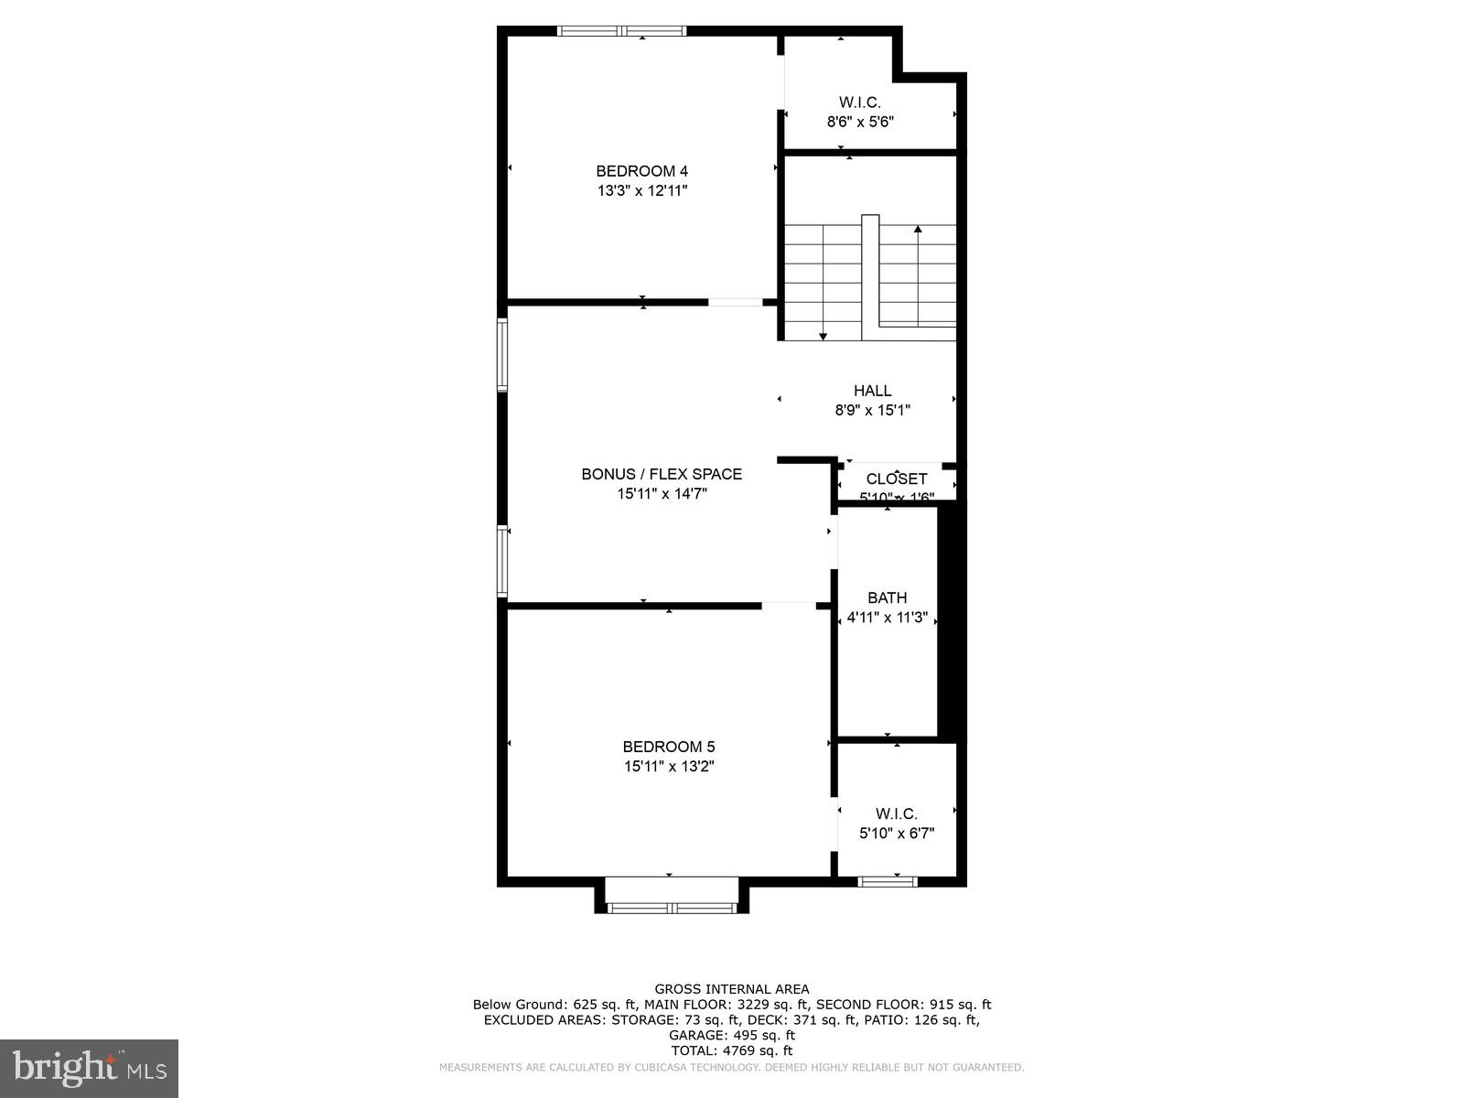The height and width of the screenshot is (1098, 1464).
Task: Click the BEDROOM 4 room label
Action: (641, 171)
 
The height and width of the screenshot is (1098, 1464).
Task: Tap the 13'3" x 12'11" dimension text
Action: (641, 191)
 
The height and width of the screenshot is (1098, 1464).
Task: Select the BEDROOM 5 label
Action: (668, 747)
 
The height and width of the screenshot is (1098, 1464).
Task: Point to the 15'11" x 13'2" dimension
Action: (668, 767)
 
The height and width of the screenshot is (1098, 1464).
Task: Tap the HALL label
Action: (872, 391)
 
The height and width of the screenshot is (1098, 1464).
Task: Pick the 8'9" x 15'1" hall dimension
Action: (872, 411)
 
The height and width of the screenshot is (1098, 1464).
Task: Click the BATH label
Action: (887, 598)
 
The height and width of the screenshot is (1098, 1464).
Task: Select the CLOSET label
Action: (896, 479)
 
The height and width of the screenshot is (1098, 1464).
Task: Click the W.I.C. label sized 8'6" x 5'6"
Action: (859, 102)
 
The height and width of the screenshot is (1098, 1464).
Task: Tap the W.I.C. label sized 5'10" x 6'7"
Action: (896, 813)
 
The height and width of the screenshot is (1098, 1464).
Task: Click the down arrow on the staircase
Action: (823, 336)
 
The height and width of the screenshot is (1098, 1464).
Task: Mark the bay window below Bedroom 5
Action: (672, 908)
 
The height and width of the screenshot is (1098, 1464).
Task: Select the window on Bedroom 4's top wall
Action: (622, 31)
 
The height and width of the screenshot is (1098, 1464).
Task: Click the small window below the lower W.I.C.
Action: (887, 882)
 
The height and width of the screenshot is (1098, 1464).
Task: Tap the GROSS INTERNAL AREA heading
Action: (731, 989)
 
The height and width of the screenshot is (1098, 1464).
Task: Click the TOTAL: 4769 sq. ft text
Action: (731, 1051)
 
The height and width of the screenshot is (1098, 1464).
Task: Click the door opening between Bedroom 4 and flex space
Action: (736, 302)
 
